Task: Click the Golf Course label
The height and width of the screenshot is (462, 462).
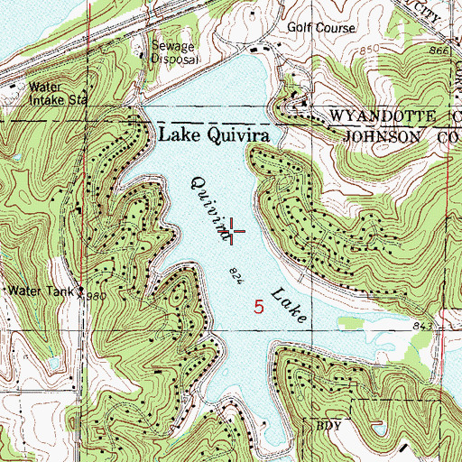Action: pyautogui.click(x=318, y=27)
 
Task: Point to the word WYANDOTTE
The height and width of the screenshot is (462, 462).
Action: pyautogui.click(x=371, y=117)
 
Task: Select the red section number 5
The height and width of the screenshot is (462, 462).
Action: pyautogui.click(x=260, y=306)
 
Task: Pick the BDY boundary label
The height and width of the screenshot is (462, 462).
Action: pyautogui.click(x=326, y=422)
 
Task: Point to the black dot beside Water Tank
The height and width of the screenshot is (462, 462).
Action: pyautogui.click(x=80, y=291)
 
